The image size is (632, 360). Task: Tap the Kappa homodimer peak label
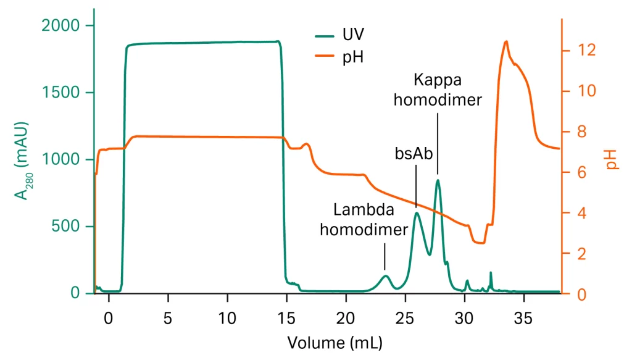(438, 90)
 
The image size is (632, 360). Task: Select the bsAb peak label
(414, 154)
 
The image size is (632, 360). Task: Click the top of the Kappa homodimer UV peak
(438, 180)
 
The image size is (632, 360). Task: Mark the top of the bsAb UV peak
(417, 213)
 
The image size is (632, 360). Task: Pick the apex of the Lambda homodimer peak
(386, 275)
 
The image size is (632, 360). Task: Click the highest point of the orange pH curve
(506, 41)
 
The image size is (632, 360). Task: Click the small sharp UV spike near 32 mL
(491, 272)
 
